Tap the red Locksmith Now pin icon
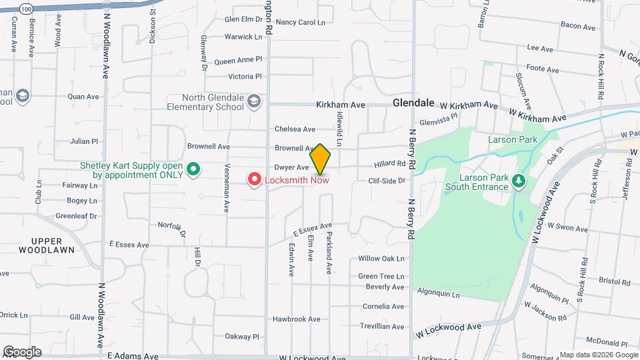coord(254,179)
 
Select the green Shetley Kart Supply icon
coord(193,170)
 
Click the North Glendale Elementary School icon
coord(253,102)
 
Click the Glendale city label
coord(413,103)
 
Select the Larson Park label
coord(512,140)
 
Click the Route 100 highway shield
coord(25,9)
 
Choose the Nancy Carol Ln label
coord(300,22)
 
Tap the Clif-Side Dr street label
coord(387,181)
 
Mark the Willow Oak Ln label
coord(381,259)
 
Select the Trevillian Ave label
coord(383,326)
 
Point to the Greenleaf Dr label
coord(76,216)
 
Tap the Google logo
coord(22,352)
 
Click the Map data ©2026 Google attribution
coord(598,355)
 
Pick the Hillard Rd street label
coord(389,163)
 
